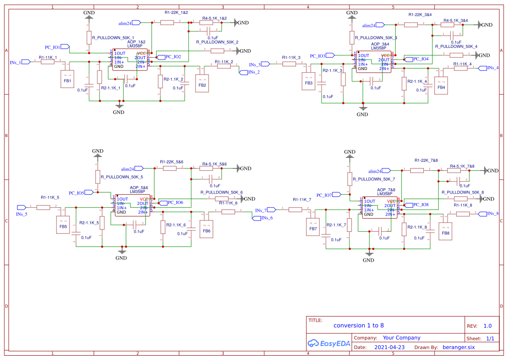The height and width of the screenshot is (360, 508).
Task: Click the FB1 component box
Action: tap(67, 79)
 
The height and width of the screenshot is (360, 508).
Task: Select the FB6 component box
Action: tap(206, 229)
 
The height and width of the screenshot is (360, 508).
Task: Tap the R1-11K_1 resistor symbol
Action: tap(48, 62)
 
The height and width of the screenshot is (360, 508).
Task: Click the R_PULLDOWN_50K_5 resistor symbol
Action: tap(98, 177)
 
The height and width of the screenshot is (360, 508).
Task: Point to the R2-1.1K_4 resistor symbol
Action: tap(404, 84)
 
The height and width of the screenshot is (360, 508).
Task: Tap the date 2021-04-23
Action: tap(389, 347)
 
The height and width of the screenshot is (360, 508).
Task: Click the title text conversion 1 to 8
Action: tap(359, 325)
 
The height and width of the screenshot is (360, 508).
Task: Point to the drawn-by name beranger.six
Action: tap(458, 347)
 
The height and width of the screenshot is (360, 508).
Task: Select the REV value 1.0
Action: tap(487, 326)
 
